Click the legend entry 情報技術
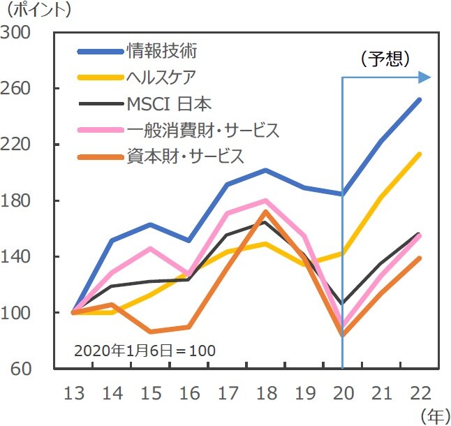point(162,50)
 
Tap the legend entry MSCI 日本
point(169,104)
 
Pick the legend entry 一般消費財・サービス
point(202,131)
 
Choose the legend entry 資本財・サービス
point(186,156)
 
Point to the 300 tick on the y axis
point(17,33)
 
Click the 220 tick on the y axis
point(17,145)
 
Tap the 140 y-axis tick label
point(17,256)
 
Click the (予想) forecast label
point(384,59)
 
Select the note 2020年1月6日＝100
point(145,350)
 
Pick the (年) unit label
point(434,416)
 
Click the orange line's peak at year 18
point(266,212)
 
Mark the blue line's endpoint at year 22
point(420,99)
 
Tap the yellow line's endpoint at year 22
point(420,154)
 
